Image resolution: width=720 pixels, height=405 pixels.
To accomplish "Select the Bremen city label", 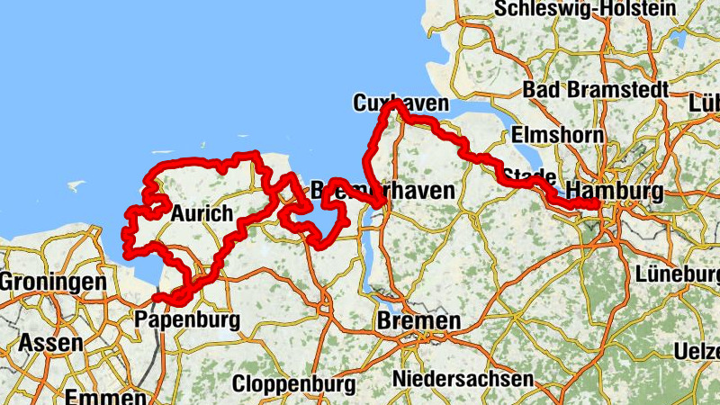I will (419, 321).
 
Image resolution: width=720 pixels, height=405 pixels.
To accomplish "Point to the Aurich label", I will (201, 214).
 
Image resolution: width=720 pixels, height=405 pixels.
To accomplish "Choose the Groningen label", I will (52, 283).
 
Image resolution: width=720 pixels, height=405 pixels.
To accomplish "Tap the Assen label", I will (51, 343).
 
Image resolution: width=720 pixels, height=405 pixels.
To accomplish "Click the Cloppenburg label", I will (293, 384).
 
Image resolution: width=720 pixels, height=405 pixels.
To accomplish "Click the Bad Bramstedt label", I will (595, 91).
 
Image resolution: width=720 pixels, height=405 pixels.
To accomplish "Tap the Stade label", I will (527, 175).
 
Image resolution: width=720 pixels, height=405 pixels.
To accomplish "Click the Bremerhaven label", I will (382, 190).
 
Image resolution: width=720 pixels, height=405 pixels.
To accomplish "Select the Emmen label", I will (105, 397).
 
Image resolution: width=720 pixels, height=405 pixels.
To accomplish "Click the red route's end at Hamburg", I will (597, 206).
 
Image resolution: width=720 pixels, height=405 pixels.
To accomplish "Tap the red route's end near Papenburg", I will (157, 298).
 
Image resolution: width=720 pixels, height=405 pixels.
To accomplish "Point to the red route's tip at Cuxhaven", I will (393, 104).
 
